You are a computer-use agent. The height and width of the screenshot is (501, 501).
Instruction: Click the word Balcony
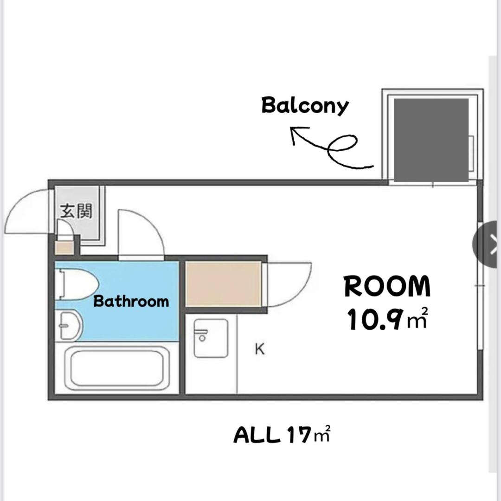(x=305, y=106)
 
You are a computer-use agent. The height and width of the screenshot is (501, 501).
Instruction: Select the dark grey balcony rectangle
(x=431, y=140)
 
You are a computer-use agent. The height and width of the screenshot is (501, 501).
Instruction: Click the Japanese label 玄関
(x=76, y=211)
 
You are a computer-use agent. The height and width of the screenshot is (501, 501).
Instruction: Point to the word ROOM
(x=387, y=287)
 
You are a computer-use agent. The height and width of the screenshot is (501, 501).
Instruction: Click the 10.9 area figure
(x=373, y=319)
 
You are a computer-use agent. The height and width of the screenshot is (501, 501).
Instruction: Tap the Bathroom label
(x=131, y=302)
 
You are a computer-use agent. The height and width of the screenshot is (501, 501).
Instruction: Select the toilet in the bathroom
(x=77, y=284)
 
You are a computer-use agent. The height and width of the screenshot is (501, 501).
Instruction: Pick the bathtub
(x=117, y=368)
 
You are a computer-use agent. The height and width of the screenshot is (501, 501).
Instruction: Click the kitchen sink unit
(x=211, y=338)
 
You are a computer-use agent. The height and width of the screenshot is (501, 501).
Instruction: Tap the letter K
(x=260, y=349)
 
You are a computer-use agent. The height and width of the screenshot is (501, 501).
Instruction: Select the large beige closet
(x=223, y=284)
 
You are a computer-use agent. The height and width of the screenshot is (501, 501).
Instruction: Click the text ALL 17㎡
(x=282, y=435)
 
